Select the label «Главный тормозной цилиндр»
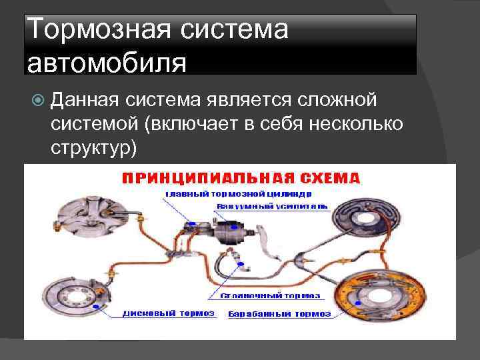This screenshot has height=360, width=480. (x=238, y=194)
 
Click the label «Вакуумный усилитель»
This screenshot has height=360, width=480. (x=271, y=207)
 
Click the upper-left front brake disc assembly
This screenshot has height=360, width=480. (x=85, y=214)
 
